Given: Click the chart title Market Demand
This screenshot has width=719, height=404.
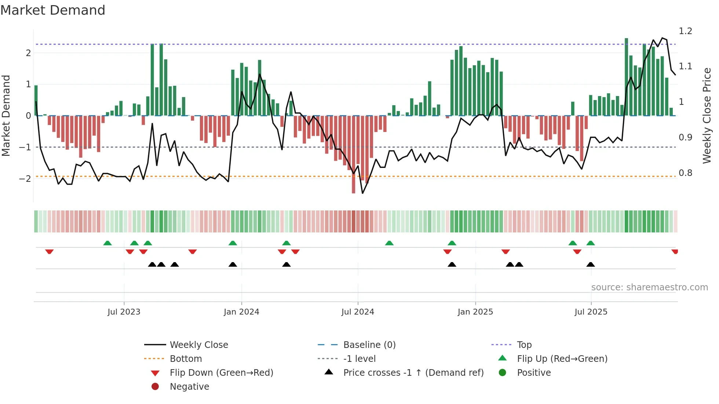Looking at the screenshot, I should pyautogui.click(x=53, y=10).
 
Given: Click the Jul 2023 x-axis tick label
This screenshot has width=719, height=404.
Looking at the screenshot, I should pyautogui.click(x=124, y=312).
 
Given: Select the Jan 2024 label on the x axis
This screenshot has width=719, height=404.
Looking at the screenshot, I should pyautogui.click(x=241, y=312).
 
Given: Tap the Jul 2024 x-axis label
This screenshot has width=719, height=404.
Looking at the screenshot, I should pyautogui.click(x=358, y=312).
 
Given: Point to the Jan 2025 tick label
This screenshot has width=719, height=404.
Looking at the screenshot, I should pyautogui.click(x=475, y=312).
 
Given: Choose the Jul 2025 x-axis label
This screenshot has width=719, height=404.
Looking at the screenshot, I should pyautogui.click(x=591, y=312).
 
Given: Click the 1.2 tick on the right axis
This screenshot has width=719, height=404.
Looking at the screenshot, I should pyautogui.click(x=685, y=31).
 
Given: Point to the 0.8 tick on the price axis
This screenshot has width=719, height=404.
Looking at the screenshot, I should pyautogui.click(x=685, y=173).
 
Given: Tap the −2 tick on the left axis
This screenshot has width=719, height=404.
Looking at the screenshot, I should pyautogui.click(x=25, y=179).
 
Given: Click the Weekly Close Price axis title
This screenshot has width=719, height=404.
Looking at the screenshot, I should pyautogui.click(x=707, y=115).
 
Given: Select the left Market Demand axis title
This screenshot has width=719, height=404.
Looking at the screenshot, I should pyautogui.click(x=6, y=115).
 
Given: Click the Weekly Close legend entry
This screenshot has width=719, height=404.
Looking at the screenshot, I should pyautogui.click(x=199, y=345).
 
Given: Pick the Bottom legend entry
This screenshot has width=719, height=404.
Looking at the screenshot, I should pyautogui.click(x=186, y=359).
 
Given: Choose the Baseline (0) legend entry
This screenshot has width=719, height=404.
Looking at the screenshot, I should pyautogui.click(x=369, y=345).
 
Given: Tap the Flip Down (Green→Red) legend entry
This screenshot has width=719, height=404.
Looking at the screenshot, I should pyautogui.click(x=221, y=373).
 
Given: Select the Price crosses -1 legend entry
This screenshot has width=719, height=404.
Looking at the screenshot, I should pyautogui.click(x=413, y=373).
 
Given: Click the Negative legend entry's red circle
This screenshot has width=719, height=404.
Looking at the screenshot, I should pyautogui.click(x=155, y=387).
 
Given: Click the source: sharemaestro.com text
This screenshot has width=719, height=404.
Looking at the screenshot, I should pyautogui.click(x=649, y=287).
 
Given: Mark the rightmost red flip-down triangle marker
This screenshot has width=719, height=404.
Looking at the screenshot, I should pyautogui.click(x=675, y=251).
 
